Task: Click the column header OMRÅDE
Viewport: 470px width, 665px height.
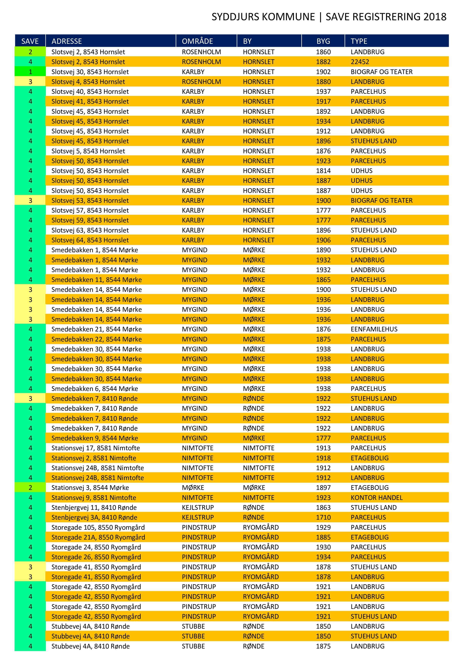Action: [197, 41]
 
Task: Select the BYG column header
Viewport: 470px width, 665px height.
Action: [323, 41]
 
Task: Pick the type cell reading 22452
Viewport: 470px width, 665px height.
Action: [360, 62]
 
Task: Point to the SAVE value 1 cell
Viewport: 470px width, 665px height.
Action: [30, 71]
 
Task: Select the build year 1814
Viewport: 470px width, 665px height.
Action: [323, 171]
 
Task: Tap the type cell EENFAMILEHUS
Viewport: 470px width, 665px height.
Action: [374, 329]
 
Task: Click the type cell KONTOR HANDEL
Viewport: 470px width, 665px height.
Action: [376, 498]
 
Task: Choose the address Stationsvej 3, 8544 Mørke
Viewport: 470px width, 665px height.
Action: [90, 487]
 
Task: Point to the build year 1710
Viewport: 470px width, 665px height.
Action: [323, 517]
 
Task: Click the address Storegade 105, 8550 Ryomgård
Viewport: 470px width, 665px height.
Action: [98, 527]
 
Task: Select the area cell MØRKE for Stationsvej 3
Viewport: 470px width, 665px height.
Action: [193, 487]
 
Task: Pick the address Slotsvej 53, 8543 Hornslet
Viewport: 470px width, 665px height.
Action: [90, 201]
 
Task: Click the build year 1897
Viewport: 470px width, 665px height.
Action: [323, 487]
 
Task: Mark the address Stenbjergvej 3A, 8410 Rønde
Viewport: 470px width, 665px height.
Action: [94, 517]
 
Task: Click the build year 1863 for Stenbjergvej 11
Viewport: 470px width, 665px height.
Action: [323, 508]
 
